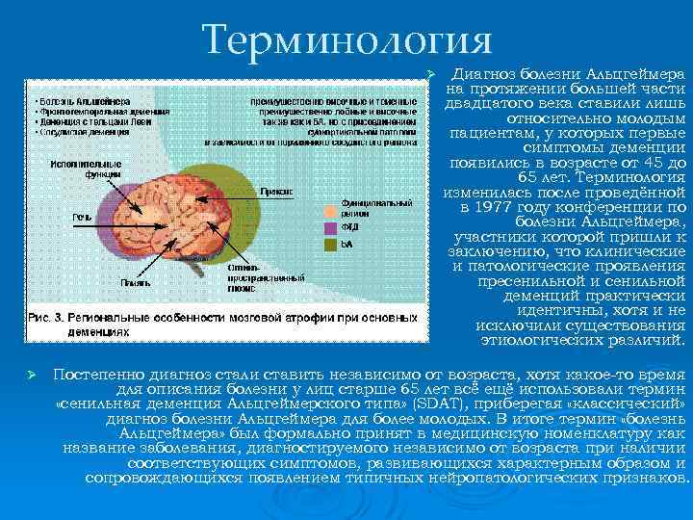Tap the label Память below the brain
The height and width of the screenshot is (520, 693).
[x=134, y=282]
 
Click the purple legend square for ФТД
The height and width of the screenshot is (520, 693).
[x=331, y=228]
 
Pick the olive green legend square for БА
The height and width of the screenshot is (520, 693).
[x=331, y=246]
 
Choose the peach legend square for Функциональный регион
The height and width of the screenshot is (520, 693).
[x=331, y=207]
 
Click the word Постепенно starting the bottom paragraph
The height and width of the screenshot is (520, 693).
[x=100, y=372]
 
